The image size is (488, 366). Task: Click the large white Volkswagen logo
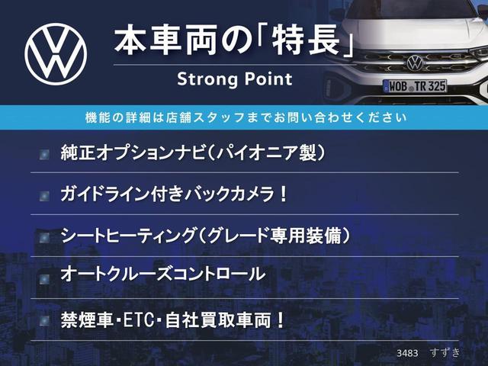[56, 54]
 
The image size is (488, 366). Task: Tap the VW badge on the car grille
[415, 63]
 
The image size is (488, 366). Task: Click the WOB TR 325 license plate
[415, 86]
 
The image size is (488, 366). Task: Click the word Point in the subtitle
[268, 79]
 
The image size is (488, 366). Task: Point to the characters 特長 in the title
[306, 40]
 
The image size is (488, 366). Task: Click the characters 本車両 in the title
[165, 40]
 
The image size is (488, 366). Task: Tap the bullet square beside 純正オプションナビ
[44, 154]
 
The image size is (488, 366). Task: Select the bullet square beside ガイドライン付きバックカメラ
[44, 196]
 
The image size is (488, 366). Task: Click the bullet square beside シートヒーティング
[44, 237]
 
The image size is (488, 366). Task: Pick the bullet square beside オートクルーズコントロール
[44, 279]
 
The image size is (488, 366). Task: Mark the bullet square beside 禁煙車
[44, 321]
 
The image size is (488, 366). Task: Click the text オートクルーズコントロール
[163, 274]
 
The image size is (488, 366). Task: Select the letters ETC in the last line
[140, 320]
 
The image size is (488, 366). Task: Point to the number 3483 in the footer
[407, 353]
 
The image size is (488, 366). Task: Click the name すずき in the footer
[445, 352]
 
